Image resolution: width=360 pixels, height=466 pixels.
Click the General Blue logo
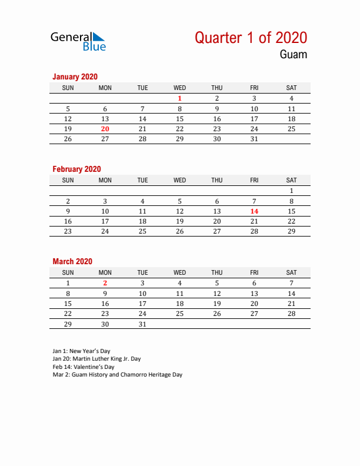tap(78, 41)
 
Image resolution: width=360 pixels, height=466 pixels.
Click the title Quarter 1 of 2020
tap(251, 38)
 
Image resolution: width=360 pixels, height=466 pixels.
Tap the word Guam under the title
tap(293, 55)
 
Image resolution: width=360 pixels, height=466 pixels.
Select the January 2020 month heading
tap(75, 76)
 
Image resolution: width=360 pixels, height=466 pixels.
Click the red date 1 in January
tap(180, 99)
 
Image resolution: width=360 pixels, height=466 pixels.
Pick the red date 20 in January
tap(105, 129)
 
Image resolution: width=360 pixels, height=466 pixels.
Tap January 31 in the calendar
tap(254, 139)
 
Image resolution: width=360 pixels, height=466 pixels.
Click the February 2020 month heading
tap(76, 169)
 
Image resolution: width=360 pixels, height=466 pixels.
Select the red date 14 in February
tap(254, 211)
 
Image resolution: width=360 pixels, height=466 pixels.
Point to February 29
tap(291, 231)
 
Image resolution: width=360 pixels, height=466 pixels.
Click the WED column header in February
tap(180, 180)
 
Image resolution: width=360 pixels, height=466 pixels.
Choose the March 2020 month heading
tap(72, 261)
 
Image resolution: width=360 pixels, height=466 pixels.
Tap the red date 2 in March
tap(105, 283)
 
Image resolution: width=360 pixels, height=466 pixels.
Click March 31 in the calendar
tap(142, 324)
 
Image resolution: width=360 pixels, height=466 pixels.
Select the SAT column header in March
tap(291, 272)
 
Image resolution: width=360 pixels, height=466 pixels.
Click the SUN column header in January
tap(68, 88)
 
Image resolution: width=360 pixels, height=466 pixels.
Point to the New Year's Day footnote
tap(81, 351)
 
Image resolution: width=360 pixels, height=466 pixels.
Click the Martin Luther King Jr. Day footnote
tap(96, 359)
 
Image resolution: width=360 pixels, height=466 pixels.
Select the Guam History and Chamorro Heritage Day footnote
tap(117, 375)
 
